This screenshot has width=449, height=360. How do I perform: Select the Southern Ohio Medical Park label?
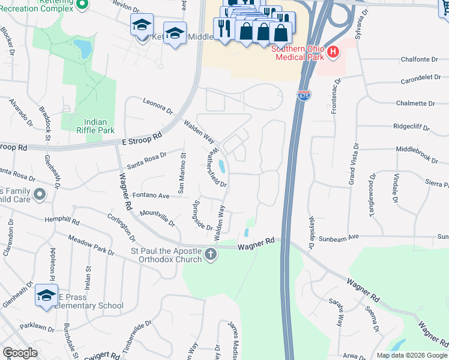pos(298,53)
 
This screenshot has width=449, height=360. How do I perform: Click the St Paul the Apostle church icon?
pos(211,254)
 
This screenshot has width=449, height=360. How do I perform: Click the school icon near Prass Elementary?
pos(46,295)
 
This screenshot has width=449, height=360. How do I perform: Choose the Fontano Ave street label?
pos(151,195)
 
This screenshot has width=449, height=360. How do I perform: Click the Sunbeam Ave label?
pos(338,237)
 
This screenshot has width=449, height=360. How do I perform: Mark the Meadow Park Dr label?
pos(91,244)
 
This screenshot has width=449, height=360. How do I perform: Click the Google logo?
pos(20,353)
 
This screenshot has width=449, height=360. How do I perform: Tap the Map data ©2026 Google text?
pos(411,355)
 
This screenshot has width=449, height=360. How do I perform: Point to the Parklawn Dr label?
pos(37,328)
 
